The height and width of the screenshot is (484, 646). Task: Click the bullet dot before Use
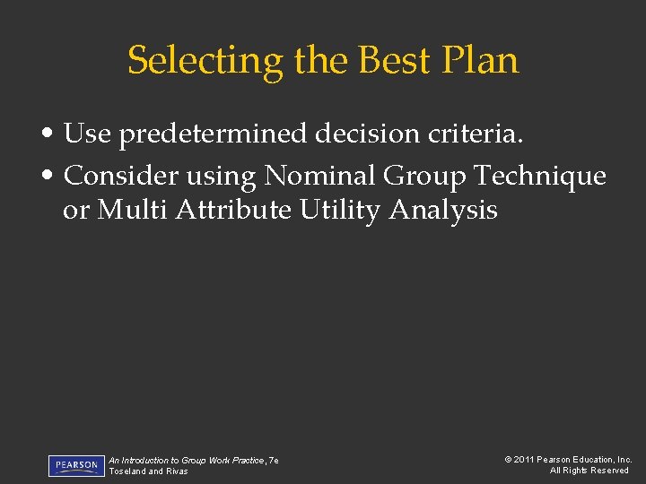(x=55, y=134)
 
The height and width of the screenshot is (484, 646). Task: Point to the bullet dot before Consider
(x=55, y=177)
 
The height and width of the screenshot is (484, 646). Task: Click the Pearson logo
(x=75, y=465)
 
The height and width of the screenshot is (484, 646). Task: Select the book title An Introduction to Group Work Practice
(x=188, y=460)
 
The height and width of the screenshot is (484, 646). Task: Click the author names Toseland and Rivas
(x=148, y=471)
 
